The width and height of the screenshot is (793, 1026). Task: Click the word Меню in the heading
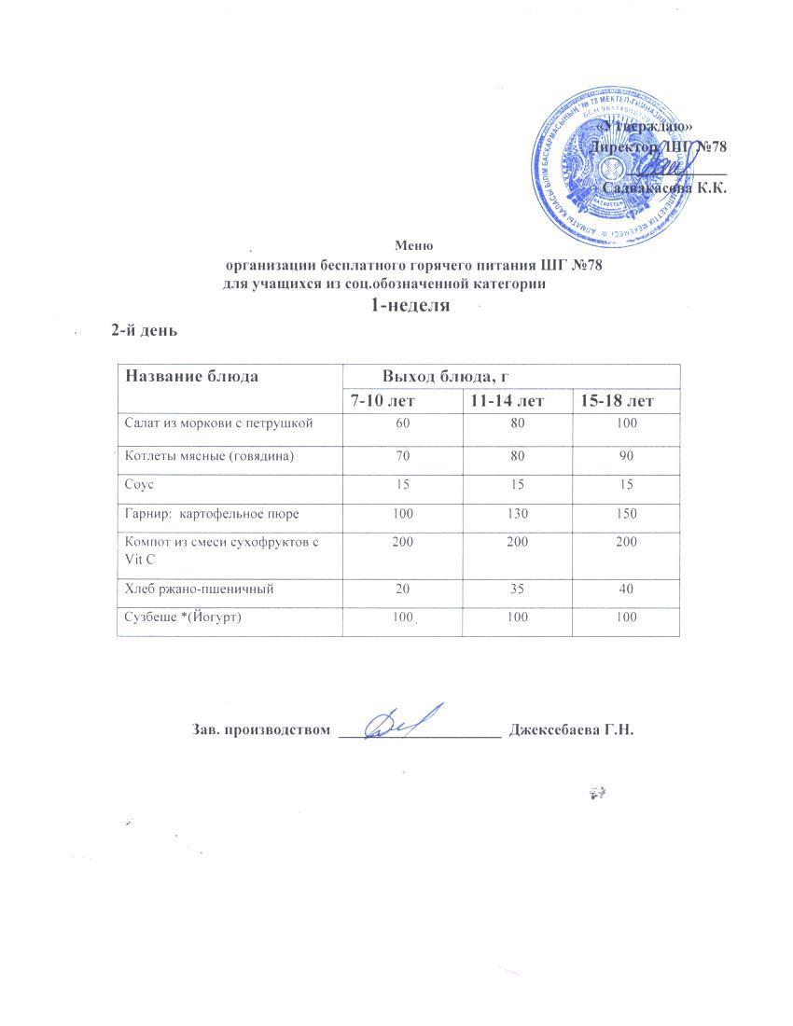tap(413, 246)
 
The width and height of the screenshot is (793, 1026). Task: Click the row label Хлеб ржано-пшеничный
tap(200, 589)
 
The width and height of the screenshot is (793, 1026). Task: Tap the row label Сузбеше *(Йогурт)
tap(183, 617)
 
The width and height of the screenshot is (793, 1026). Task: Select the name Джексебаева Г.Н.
tap(571, 729)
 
